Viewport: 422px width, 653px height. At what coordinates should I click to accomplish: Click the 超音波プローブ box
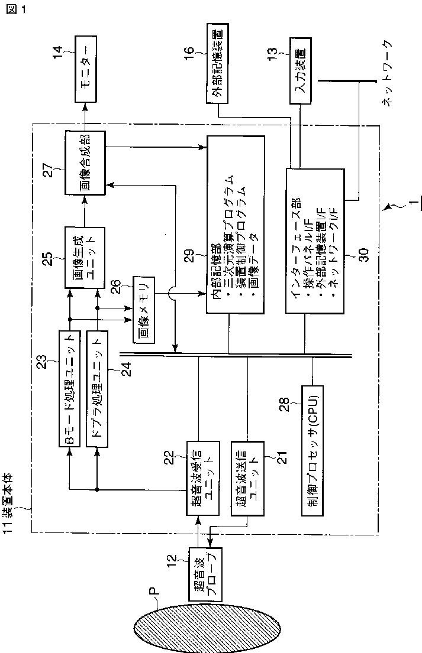tap(203, 574)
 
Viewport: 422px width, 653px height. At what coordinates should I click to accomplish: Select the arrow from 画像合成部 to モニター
tap(84, 113)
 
